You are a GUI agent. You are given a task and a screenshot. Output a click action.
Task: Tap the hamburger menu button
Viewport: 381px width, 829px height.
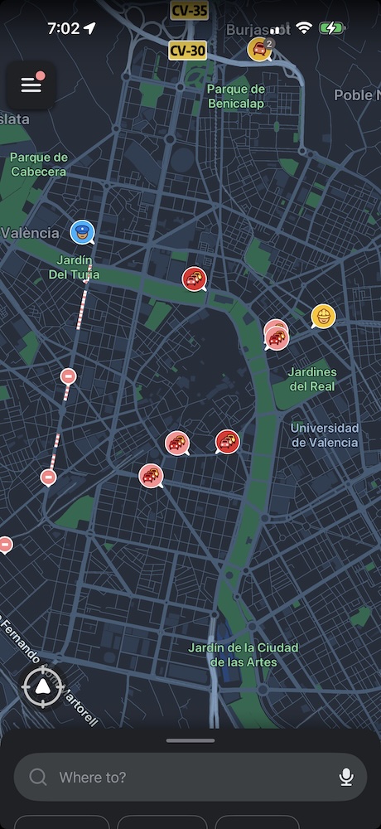31,85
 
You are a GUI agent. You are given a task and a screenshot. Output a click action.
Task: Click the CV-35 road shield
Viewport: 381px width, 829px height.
189,11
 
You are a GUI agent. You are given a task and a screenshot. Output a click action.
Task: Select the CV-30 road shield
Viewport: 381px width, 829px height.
187,51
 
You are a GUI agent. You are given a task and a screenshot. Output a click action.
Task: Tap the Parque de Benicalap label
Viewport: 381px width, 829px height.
236,95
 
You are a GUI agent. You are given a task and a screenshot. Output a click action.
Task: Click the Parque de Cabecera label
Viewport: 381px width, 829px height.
38,164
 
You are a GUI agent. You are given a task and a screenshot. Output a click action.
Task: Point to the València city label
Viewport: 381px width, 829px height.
30,233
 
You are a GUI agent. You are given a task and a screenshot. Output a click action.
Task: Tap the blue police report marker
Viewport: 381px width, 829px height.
82,232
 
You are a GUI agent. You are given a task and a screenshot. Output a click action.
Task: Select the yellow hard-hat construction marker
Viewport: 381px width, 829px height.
322,316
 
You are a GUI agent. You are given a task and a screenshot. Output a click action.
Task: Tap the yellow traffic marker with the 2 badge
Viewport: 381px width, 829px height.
260,49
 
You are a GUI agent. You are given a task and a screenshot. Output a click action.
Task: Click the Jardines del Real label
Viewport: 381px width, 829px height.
313,379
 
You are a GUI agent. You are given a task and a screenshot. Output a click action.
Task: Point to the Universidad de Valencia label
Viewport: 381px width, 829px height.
325,434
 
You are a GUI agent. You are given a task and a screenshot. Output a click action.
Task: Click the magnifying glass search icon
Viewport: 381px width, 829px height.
38,777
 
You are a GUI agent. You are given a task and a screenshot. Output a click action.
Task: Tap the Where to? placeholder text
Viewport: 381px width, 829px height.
93,777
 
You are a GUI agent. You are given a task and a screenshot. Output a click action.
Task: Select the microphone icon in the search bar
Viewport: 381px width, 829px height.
346,777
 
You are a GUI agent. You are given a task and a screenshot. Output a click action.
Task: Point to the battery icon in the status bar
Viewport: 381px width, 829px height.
331,28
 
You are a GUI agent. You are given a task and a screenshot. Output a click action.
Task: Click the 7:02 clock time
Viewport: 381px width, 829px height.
63,28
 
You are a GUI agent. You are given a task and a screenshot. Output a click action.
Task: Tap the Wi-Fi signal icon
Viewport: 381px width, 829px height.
304,28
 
